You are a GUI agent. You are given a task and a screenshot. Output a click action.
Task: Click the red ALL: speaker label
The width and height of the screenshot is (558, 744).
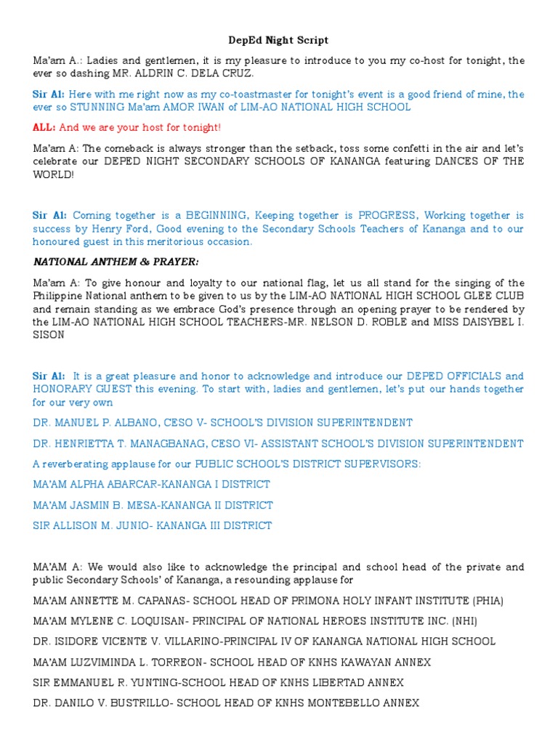coord(44,127)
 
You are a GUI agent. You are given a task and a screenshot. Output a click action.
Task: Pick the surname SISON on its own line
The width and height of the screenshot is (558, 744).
coord(48,335)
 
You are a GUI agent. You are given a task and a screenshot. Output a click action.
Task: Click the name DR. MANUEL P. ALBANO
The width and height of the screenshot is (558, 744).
coord(97,423)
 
